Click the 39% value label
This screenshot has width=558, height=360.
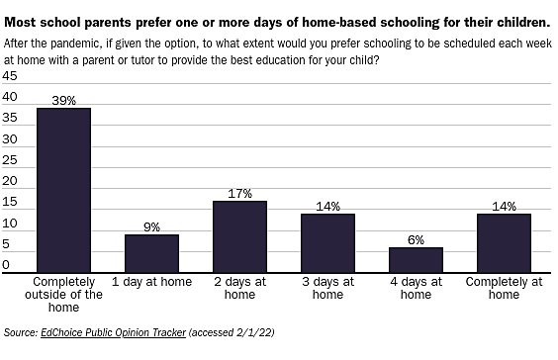(x=63, y=100)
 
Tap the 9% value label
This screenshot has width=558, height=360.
(x=151, y=226)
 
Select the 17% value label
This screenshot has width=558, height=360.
(x=239, y=193)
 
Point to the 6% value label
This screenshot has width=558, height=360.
(x=416, y=239)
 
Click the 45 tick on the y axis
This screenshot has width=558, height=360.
(x=10, y=76)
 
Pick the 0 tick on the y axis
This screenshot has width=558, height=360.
(x=6, y=264)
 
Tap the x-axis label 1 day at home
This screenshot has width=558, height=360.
(x=151, y=282)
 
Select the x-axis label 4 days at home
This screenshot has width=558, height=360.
(x=416, y=288)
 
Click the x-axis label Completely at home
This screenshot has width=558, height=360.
(x=504, y=288)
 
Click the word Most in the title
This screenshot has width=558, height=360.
(x=23, y=20)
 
